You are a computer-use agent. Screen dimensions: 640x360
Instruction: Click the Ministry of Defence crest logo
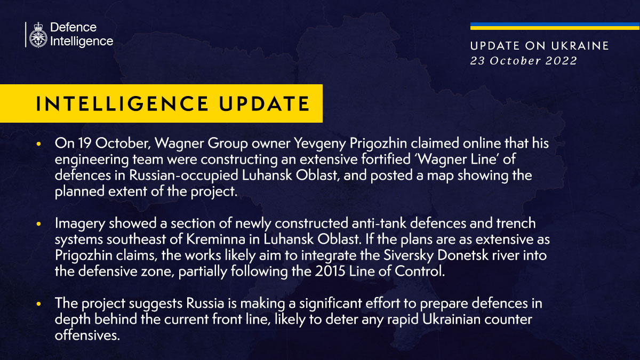pyautogui.click(x=38, y=35)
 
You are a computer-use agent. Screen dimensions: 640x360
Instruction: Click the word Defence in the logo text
pyautogui.click(x=74, y=27)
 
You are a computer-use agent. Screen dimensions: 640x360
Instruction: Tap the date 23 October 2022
pyautogui.click(x=523, y=61)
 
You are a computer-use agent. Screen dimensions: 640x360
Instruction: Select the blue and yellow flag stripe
pyautogui.click(x=555, y=26)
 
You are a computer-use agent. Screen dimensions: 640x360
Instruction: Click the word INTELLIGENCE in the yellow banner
pyautogui.click(x=122, y=103)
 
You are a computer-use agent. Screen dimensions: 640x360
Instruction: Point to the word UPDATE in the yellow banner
pyautogui.click(x=265, y=103)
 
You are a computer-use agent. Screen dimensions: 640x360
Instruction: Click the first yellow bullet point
pyautogui.click(x=38, y=143)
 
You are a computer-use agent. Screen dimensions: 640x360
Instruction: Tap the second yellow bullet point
pyautogui.click(x=38, y=224)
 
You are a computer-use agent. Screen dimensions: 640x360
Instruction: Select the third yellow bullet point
pyautogui.click(x=38, y=304)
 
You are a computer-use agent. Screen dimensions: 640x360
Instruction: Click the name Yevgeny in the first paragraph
pyautogui.click(x=320, y=143)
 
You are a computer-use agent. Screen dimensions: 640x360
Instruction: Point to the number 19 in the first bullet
pyautogui.click(x=85, y=143)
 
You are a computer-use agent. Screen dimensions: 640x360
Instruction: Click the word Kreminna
pyautogui.click(x=215, y=239)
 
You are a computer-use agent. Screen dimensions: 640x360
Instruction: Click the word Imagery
pyautogui.click(x=80, y=223)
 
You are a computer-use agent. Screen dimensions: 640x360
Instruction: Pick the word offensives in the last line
pyautogui.click(x=87, y=335)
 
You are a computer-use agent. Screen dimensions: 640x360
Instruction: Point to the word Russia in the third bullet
pyautogui.click(x=205, y=303)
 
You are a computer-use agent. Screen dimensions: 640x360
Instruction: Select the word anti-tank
pyautogui.click(x=379, y=223)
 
